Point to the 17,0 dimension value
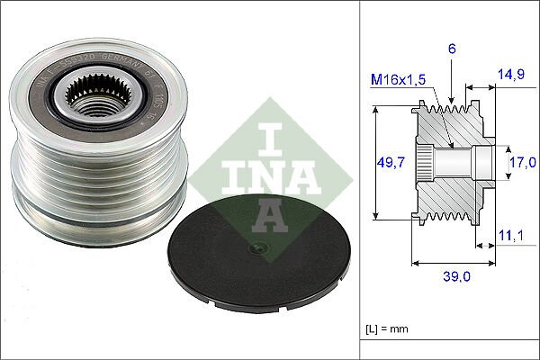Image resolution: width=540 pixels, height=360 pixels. click(522, 162)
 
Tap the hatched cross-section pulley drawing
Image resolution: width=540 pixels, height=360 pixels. click(450, 162)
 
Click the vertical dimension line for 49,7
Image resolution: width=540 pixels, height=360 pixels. click(373, 162)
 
